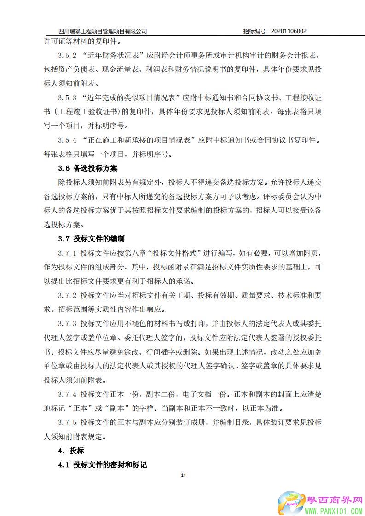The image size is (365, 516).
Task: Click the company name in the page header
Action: coord(103,31)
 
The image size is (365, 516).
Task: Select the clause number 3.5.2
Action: coord(67,55)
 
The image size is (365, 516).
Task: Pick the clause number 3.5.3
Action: coord(67,97)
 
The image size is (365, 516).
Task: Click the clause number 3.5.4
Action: coord(67,140)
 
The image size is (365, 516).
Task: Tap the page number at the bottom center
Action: coord(183,475)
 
